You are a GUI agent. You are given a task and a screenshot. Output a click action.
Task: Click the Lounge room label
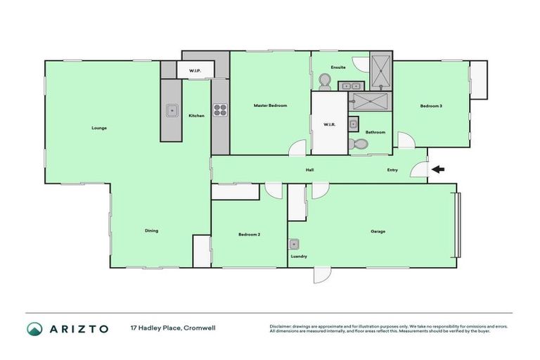point(98,128)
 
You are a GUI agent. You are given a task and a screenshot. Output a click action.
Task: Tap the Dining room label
point(151,231)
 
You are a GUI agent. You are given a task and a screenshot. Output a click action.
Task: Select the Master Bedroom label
point(270,105)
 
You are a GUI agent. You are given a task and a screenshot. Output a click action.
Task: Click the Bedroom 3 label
point(431,106)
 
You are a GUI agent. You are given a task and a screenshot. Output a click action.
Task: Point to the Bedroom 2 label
point(249,234)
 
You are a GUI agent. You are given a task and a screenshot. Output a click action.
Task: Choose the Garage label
point(378,231)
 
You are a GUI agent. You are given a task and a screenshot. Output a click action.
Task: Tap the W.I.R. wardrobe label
point(329,125)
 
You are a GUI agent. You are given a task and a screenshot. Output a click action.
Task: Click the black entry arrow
point(437,169)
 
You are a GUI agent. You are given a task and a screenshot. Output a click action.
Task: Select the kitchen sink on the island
point(171,110)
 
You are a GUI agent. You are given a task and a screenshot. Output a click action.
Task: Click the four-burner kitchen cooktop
point(219,110)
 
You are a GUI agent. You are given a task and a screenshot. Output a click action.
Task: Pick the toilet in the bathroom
point(357,144)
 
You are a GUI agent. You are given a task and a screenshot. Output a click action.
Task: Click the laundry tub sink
point(295,244)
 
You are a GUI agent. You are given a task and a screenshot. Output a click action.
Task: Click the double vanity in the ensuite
point(348,86)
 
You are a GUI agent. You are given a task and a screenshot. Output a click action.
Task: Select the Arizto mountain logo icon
point(34,328)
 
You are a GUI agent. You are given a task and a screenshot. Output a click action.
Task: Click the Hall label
point(309,170)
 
